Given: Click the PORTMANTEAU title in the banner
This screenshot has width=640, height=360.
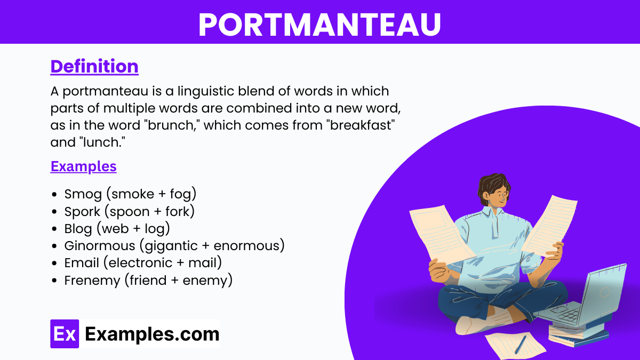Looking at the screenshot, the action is (x=319, y=25).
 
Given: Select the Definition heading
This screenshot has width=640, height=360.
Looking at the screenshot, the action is (x=94, y=66).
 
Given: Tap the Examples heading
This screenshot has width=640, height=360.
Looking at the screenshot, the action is (x=83, y=166).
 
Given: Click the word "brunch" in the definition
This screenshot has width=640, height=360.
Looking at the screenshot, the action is (x=172, y=125).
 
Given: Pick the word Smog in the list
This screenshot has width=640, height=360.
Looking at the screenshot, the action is (x=83, y=194).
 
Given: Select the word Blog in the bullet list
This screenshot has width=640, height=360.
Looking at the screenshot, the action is (x=78, y=229).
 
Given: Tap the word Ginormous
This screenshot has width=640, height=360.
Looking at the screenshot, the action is (x=100, y=246).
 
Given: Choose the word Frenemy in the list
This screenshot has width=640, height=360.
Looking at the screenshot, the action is (x=92, y=281).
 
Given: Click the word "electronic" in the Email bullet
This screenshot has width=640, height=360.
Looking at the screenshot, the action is (x=140, y=263).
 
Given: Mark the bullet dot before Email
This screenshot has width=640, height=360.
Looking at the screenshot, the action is (x=54, y=263).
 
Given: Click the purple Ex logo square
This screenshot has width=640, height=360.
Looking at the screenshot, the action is (x=65, y=334).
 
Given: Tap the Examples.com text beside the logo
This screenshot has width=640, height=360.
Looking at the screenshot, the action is (x=152, y=334).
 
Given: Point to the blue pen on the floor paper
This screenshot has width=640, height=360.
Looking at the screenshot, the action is (x=521, y=345).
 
